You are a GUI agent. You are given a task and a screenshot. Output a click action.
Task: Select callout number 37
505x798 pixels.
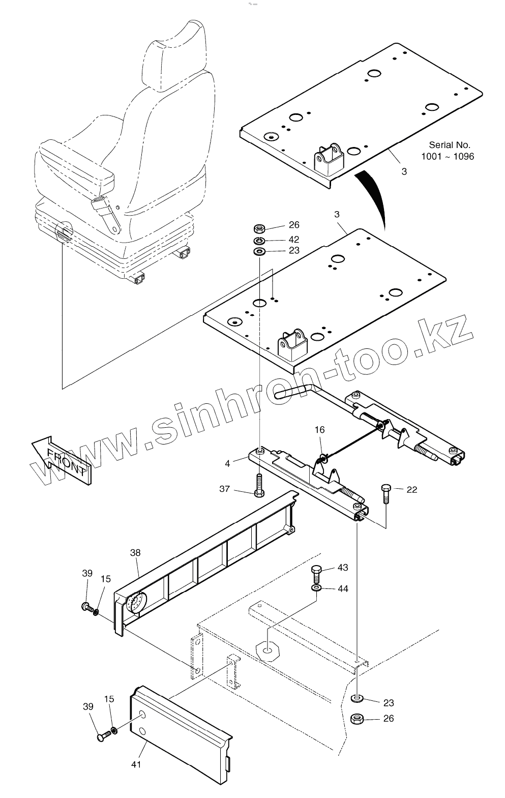225,489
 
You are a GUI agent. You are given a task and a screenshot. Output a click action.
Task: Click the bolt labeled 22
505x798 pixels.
385,493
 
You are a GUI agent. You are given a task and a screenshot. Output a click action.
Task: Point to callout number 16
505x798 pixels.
319,430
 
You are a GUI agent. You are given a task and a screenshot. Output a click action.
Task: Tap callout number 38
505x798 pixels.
135,552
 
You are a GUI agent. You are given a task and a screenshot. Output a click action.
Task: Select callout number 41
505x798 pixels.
136,764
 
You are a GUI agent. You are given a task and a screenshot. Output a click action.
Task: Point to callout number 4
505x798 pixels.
227,463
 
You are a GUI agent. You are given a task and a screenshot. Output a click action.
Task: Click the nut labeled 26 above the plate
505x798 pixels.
258,227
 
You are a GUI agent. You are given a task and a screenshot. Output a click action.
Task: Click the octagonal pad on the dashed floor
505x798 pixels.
268,648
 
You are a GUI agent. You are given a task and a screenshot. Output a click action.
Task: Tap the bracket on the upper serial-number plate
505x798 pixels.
329,158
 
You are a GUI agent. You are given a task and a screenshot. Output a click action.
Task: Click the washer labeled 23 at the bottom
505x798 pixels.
358,698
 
